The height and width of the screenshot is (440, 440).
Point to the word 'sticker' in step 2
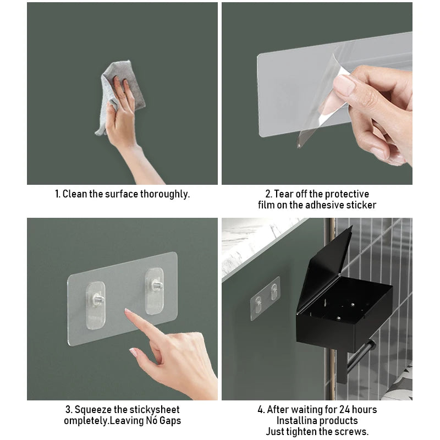click(x=360, y=205)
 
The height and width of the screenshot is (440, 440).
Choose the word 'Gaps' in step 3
click(x=167, y=421)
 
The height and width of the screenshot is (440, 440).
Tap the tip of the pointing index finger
click(x=128, y=312)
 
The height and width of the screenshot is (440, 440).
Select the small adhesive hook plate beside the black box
click(x=266, y=298)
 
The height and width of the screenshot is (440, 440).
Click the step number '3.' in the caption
click(x=69, y=410)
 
